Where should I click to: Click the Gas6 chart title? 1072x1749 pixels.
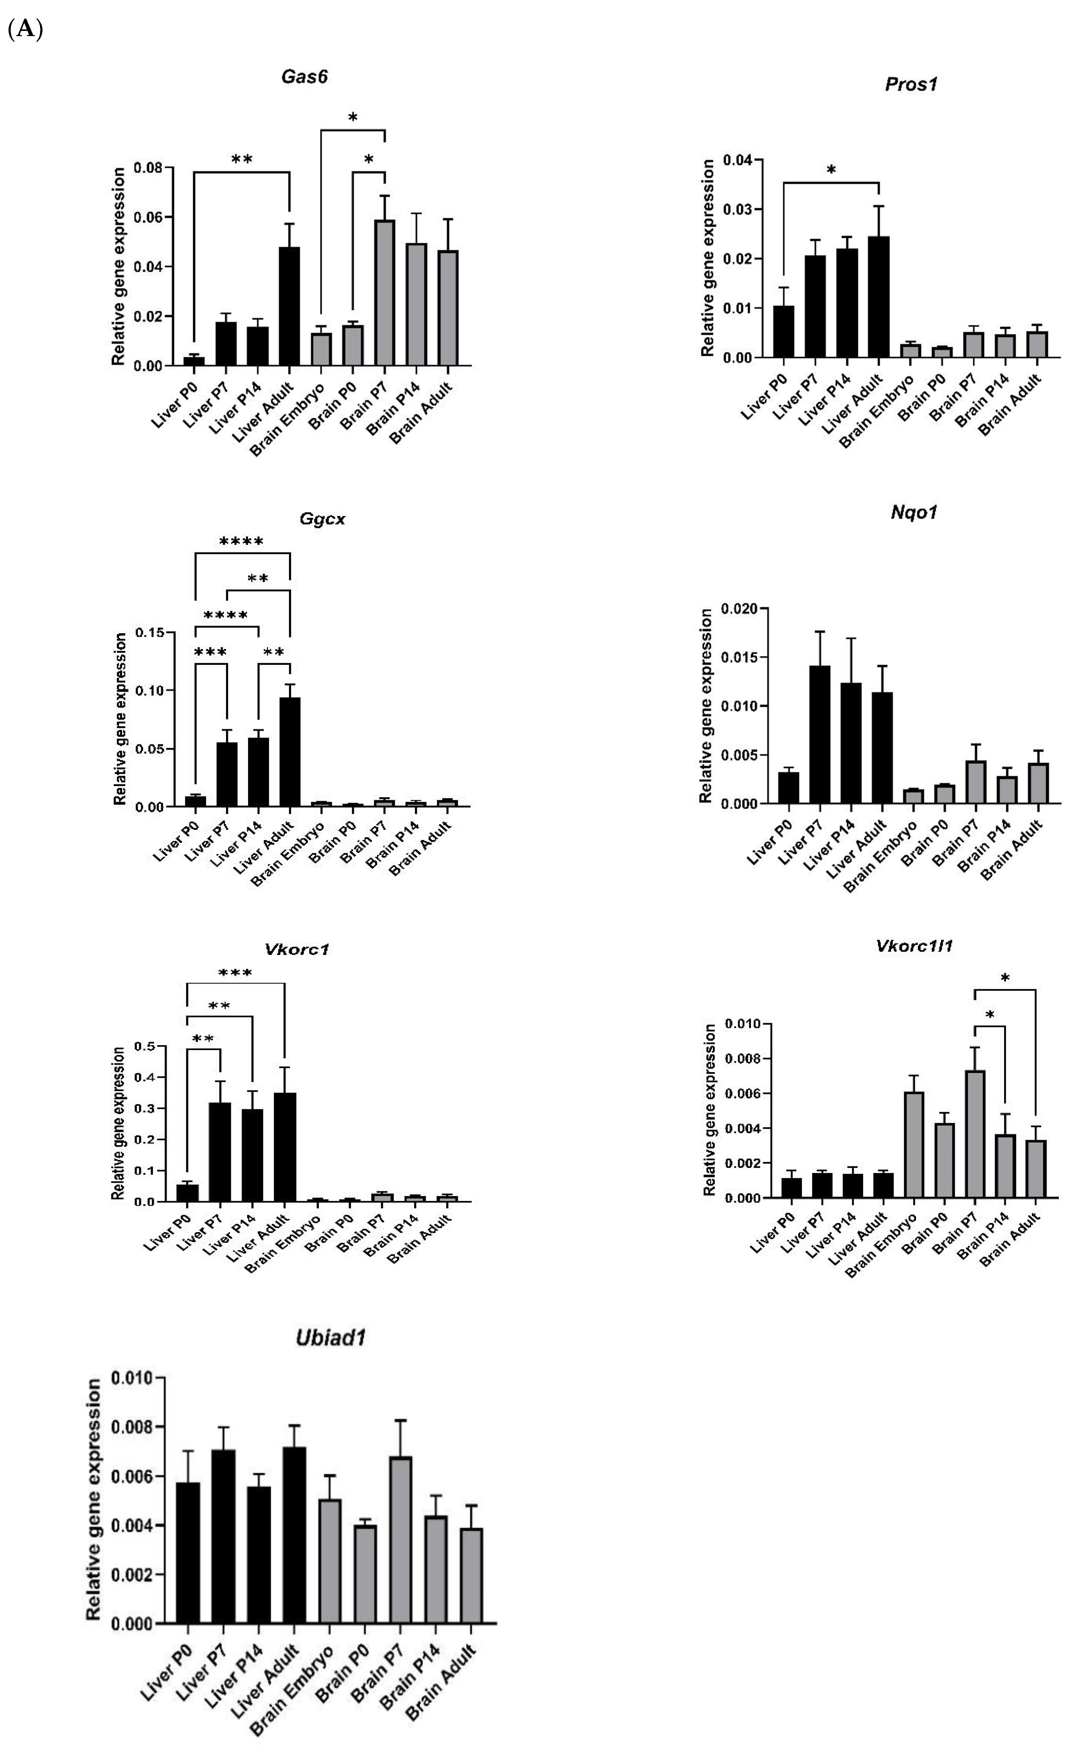point(304,77)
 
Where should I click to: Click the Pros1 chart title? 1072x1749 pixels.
point(911,84)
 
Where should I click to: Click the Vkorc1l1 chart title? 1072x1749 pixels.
point(914,945)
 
